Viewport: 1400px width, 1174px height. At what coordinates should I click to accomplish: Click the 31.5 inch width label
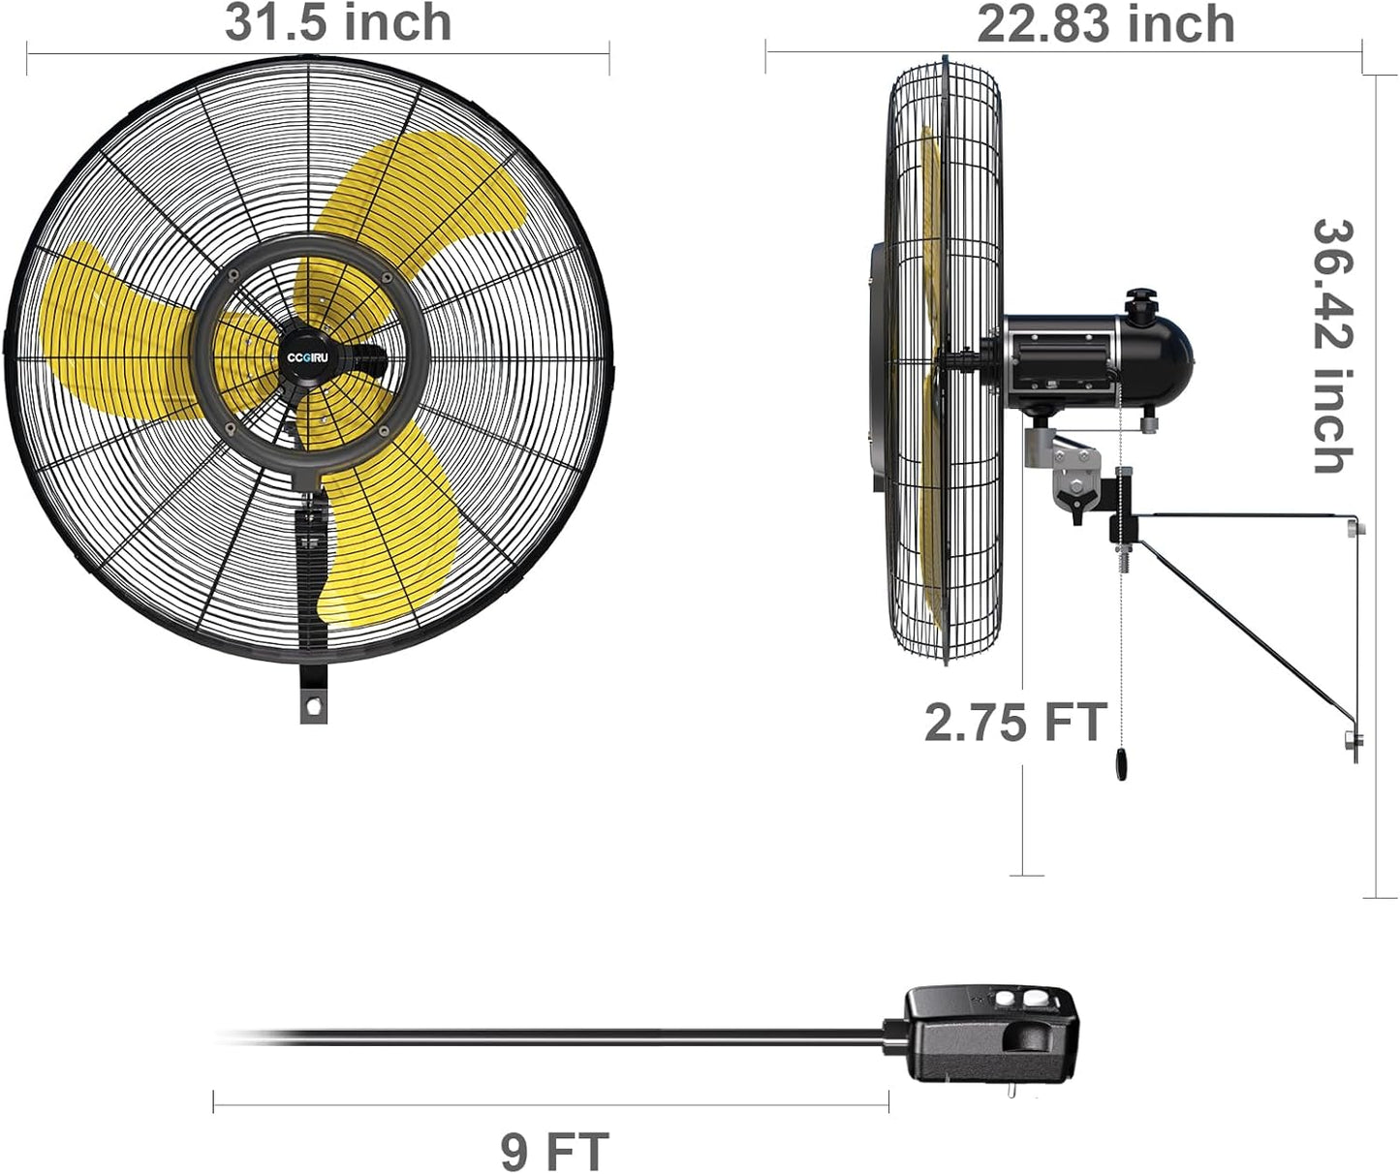click(x=338, y=22)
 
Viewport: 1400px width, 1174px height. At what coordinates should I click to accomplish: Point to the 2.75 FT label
click(x=1014, y=723)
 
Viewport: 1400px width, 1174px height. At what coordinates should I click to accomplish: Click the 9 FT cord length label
click(x=554, y=1151)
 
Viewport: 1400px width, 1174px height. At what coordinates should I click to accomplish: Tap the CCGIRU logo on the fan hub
click(x=308, y=356)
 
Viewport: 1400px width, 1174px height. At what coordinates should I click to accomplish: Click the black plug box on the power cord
click(x=990, y=1036)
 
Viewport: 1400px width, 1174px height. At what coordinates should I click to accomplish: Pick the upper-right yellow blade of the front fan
click(x=426, y=203)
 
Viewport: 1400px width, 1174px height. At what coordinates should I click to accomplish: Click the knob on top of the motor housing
click(x=1141, y=298)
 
